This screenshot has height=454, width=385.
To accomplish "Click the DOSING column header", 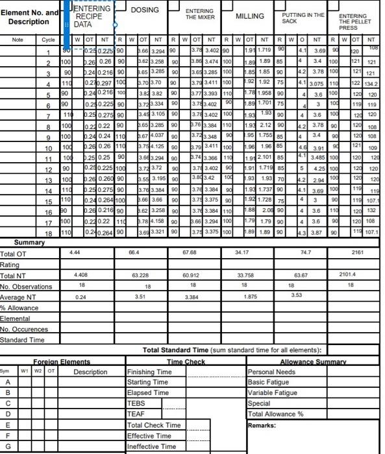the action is [x=145, y=10].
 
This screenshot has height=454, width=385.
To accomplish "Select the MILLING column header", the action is [x=249, y=16].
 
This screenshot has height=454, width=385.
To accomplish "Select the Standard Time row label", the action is [x=23, y=339].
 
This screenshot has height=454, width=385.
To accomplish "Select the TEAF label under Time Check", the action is [x=136, y=414].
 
